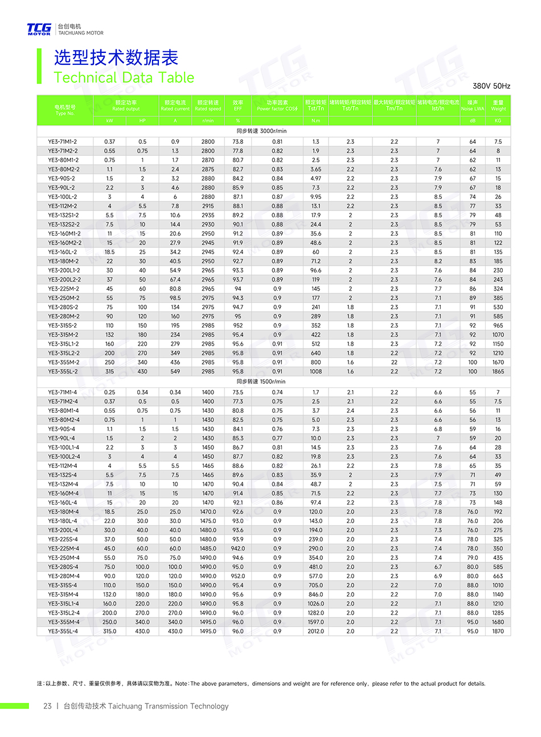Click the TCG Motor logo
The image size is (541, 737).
tap(39, 29)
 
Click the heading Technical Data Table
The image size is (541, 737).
tap(124, 78)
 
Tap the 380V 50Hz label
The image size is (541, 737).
tap(491, 86)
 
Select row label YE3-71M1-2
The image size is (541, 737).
tap(63, 142)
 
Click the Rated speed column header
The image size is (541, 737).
tap(208, 106)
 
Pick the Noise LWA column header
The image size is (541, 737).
tap(472, 106)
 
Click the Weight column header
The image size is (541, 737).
tap(498, 106)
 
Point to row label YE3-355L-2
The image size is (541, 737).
tap(63, 371)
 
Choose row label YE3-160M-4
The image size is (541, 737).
tap(63, 494)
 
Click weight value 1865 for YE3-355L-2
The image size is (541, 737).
tap(498, 371)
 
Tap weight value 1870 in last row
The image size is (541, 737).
tap(498, 631)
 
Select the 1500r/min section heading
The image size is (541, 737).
tap(261, 382)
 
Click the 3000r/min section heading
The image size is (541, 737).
tap(261, 131)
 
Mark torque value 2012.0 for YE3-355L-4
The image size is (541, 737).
tap(315, 631)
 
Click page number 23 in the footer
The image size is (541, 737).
tap(47, 706)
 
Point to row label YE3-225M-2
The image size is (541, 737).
tap(63, 289)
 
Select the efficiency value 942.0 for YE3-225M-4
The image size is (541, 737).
tap(237, 549)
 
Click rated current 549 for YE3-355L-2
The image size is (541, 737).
tap(175, 371)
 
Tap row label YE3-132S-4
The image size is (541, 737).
tap(63, 475)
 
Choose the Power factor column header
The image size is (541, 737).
tap(277, 106)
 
